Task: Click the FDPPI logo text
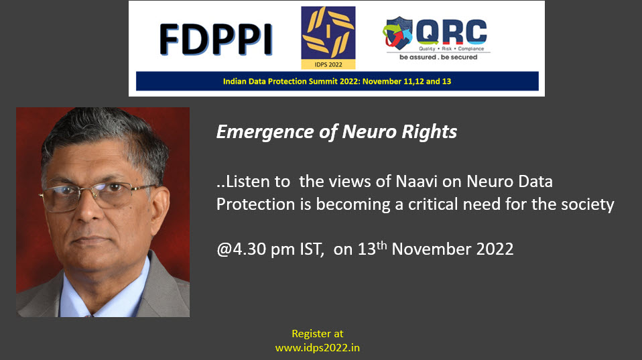point(216,40)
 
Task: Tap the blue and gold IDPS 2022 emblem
point(328,38)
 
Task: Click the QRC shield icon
point(397,32)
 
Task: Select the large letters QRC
point(451,32)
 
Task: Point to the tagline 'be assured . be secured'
point(438,58)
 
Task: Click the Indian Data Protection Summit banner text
point(337,81)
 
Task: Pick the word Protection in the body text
point(255,204)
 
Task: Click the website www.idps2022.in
point(318,348)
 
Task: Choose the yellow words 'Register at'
point(318,334)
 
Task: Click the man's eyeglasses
point(97,196)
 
